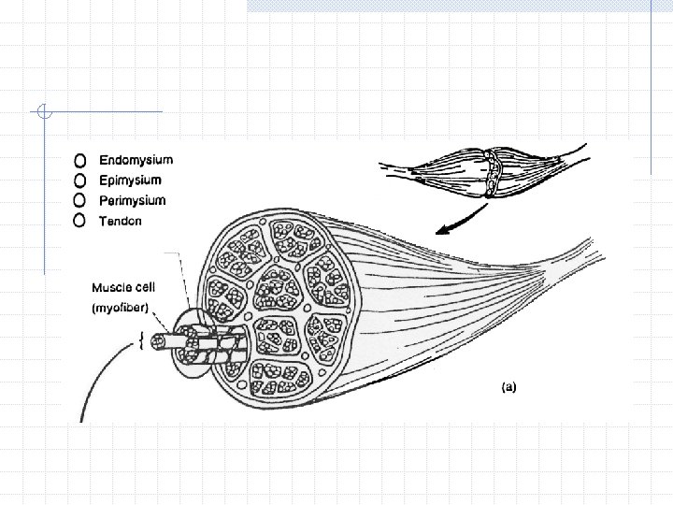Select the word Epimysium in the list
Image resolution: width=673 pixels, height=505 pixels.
(130, 180)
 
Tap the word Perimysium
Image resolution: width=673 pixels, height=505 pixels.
(132, 200)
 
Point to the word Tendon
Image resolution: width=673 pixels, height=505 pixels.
(121, 220)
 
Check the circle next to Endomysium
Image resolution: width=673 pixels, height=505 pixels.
(80, 161)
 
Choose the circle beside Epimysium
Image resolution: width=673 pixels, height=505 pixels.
(80, 180)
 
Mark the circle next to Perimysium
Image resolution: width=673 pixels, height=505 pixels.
(80, 200)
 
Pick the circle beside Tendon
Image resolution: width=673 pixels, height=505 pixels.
(80, 221)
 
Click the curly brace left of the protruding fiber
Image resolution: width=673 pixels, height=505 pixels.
(140, 341)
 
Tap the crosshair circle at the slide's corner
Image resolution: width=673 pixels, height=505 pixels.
(45, 113)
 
